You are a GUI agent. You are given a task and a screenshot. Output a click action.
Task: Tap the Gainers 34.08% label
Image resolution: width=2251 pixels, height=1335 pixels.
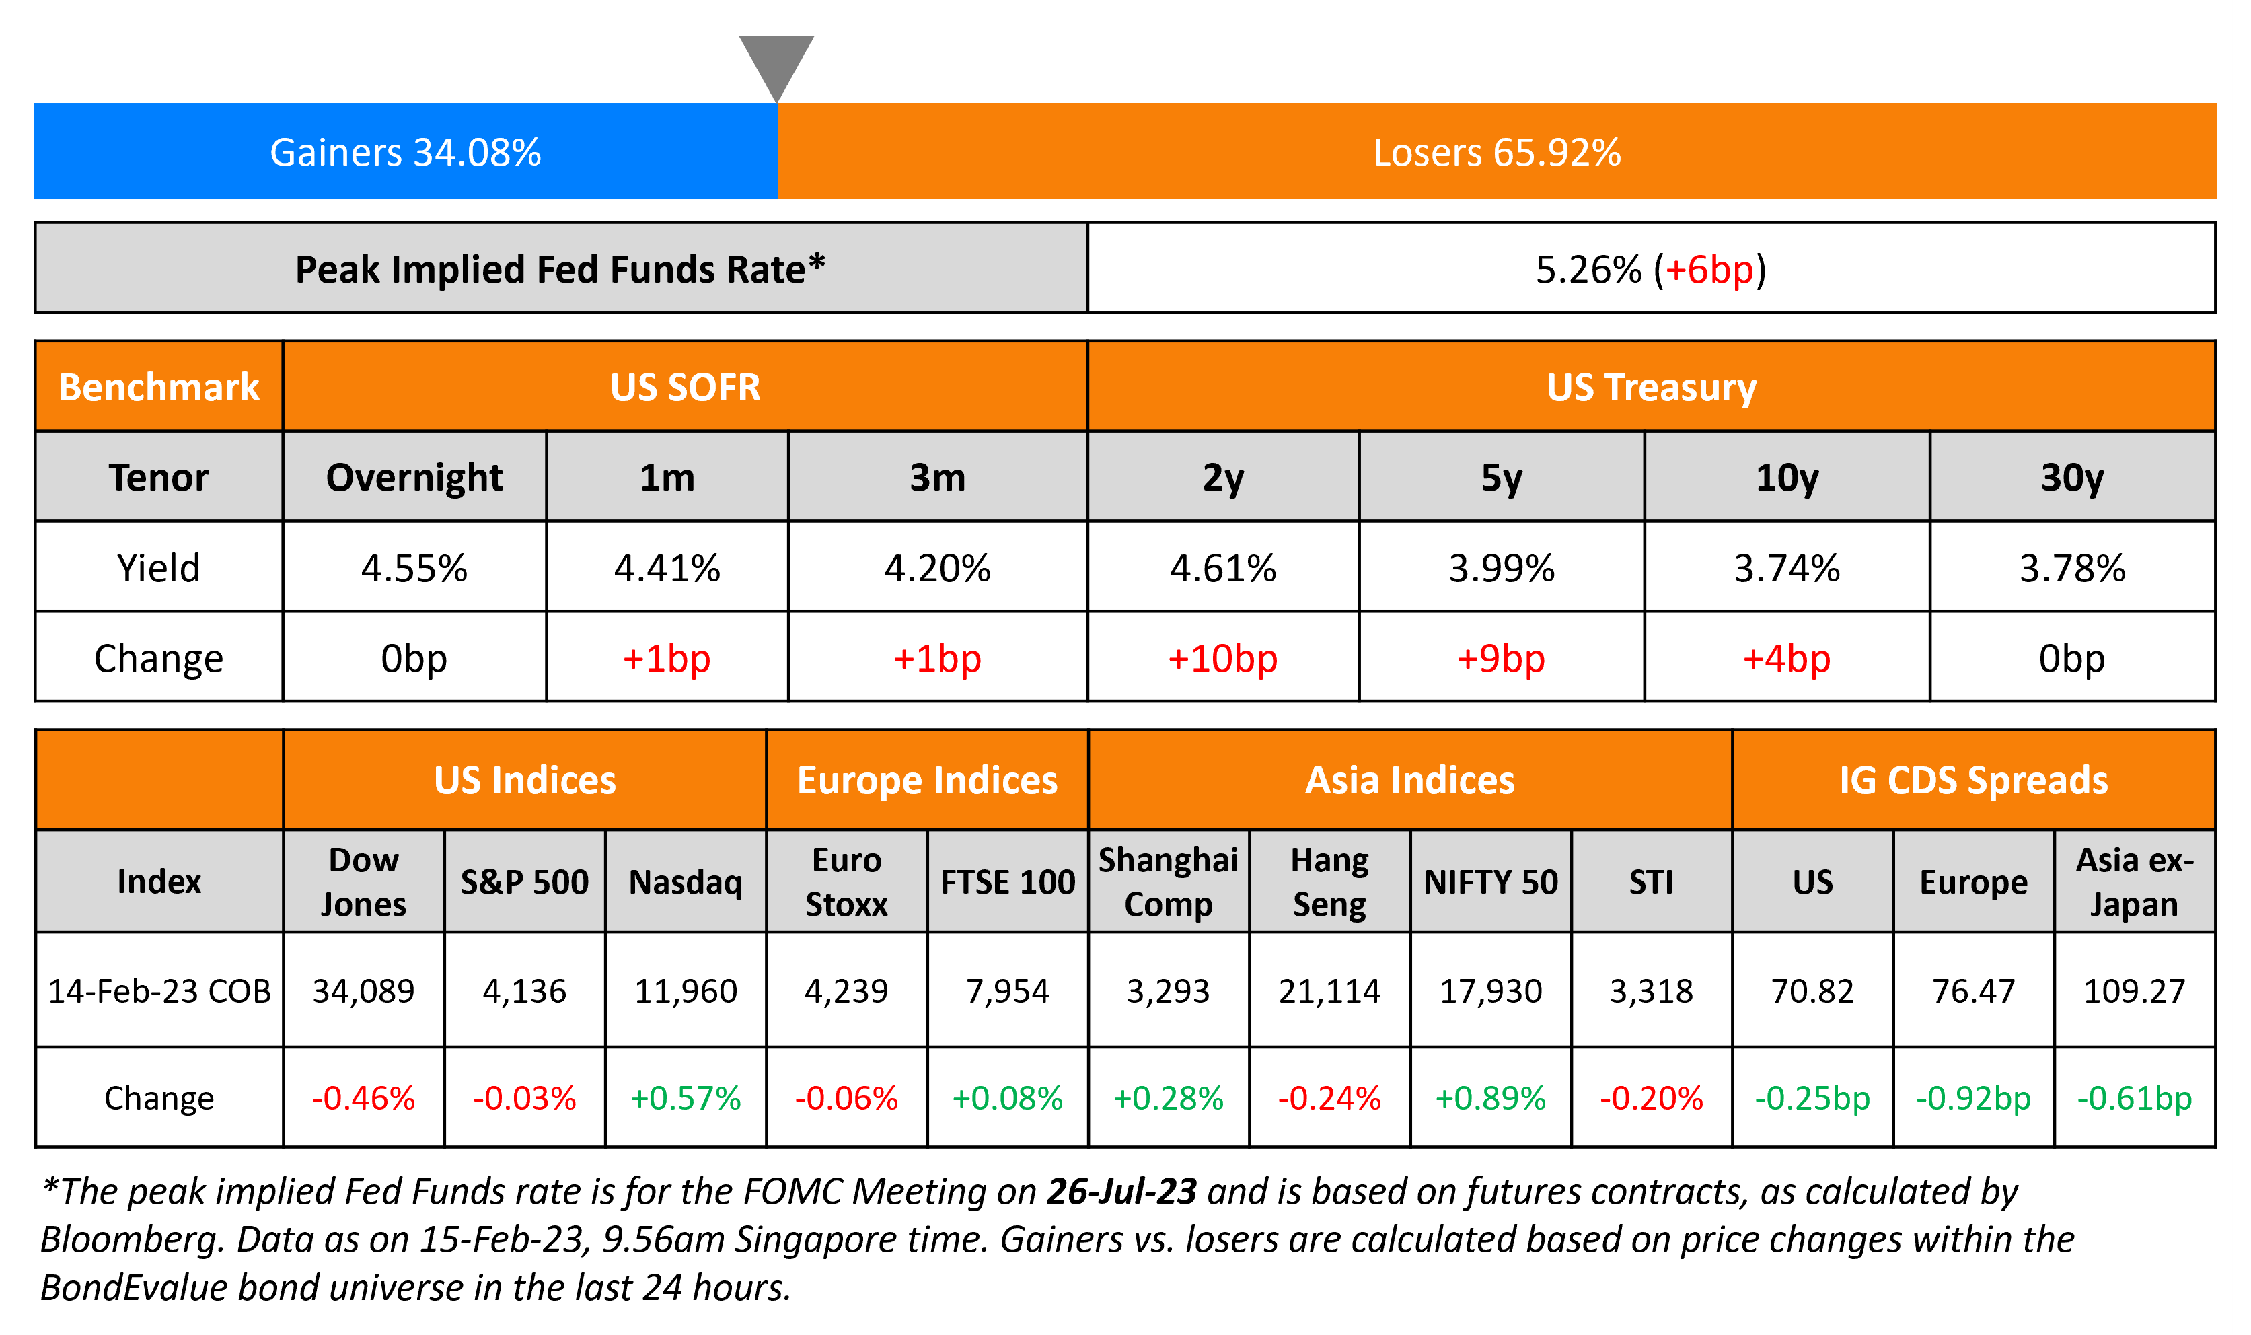pos(405,152)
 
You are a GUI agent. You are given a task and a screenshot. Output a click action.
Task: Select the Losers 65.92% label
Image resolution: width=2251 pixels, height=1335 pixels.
pos(1496,152)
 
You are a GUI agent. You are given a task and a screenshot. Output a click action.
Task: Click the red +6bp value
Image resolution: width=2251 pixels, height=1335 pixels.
pos(1709,270)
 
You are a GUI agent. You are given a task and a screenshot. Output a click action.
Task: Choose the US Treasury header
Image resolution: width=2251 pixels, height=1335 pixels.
pos(1651,387)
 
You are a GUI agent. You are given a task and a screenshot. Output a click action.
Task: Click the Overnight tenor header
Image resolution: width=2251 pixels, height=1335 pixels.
pos(414,477)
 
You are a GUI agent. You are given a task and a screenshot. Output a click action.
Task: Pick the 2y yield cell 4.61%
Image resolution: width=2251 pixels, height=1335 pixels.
pos(1223,568)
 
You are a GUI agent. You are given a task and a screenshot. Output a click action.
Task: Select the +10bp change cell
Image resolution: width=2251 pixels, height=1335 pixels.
pos(1222,659)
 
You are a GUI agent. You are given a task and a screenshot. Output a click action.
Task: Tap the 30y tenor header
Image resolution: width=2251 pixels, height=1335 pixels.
pos(2072,477)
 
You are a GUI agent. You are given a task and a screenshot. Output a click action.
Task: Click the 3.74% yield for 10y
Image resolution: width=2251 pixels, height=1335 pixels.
pos(1787,568)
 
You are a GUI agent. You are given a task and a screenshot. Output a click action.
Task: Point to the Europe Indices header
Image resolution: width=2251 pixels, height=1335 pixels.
pos(927,780)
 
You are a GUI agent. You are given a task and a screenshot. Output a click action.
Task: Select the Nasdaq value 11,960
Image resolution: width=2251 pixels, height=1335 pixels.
pos(686,990)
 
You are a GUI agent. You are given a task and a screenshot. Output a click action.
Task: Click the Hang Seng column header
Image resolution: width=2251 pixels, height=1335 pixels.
pos(1329,881)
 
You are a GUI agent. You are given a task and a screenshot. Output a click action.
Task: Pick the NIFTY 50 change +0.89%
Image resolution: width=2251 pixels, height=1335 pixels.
pos(1490,1097)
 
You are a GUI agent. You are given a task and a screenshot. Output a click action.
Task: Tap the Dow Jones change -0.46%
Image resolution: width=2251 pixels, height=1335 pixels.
pos(363,1097)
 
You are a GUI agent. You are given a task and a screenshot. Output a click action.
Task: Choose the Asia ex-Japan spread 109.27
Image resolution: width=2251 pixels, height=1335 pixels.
pos(2134,990)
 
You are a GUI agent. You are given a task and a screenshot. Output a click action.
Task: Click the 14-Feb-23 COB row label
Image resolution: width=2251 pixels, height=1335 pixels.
pos(159,990)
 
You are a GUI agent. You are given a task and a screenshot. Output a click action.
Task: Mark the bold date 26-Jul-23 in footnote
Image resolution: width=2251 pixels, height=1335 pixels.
pos(1121,1191)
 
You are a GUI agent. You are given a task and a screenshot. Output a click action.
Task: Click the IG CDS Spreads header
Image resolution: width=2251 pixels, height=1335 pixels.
pos(1973,780)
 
